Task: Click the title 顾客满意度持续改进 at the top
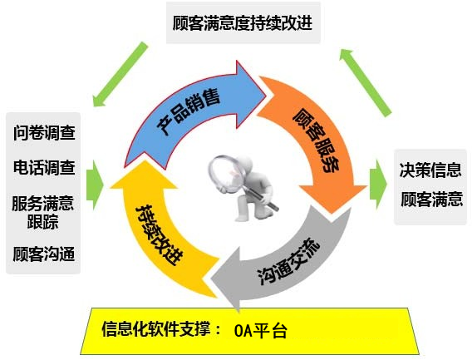[x=243, y=23]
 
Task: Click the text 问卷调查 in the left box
[x=44, y=132]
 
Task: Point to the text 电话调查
[x=44, y=167]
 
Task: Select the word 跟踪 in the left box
[x=42, y=222]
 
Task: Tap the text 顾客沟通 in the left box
[x=44, y=254]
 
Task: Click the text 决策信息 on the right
[x=430, y=170]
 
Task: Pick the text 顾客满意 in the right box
[x=431, y=200]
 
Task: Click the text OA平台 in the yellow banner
[x=260, y=330]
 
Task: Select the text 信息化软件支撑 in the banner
[x=156, y=328]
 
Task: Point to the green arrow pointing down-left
[x=120, y=74]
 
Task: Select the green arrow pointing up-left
[x=366, y=82]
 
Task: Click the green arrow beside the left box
[x=95, y=185]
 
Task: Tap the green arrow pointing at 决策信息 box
[x=378, y=185]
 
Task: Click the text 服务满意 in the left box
[x=42, y=204]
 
